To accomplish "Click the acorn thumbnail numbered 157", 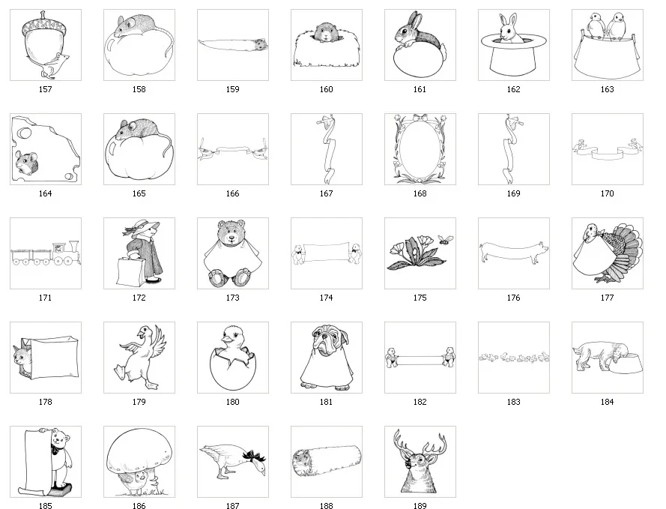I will (x=45, y=45).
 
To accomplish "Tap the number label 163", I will (x=607, y=89).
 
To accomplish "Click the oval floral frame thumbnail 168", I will (x=420, y=148).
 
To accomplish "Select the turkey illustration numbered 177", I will (x=607, y=253).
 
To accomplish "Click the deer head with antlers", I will (x=420, y=462).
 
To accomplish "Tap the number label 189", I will (x=420, y=506).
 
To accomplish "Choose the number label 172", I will (x=139, y=298).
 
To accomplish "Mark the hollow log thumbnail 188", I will (x=326, y=462).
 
